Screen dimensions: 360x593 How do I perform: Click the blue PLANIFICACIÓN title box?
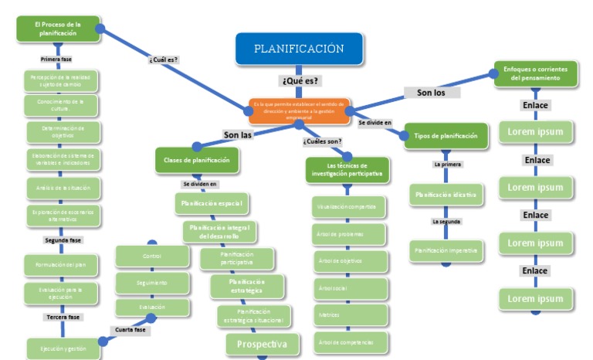[299, 49]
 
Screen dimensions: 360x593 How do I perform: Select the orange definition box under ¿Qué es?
[299, 110]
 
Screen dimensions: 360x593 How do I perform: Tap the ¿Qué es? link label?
[300, 80]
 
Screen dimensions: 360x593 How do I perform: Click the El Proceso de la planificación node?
[58, 29]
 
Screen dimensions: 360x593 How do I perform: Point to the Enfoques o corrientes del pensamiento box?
[536, 73]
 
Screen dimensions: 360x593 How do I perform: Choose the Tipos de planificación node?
[446, 136]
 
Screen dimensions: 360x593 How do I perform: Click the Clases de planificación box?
[197, 160]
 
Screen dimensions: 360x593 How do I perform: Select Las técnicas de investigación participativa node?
[347, 169]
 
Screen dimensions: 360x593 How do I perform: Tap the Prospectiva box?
[262, 345]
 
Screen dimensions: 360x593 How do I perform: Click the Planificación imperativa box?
[446, 250]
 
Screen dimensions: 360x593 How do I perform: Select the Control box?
[152, 256]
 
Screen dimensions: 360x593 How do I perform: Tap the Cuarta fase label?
[130, 330]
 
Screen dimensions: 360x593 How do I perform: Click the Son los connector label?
[432, 93]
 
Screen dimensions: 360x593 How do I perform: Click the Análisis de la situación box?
[63, 188]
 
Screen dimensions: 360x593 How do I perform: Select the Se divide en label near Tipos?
[374, 123]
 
